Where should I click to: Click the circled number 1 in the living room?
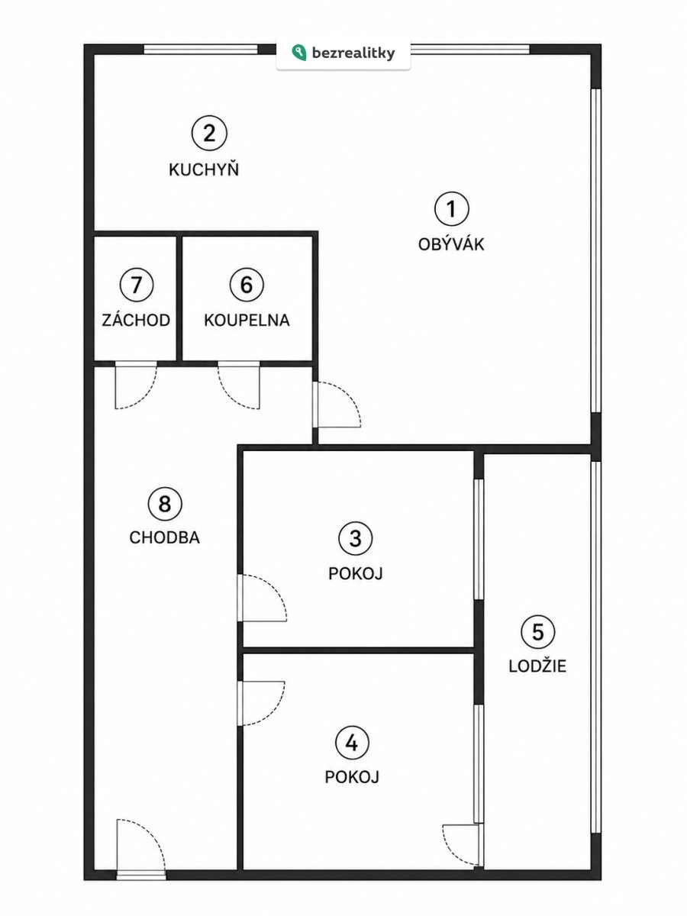click(x=451, y=208)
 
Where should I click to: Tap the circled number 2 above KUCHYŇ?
click(x=209, y=134)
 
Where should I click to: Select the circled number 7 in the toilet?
click(x=137, y=285)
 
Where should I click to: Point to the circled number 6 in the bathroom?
click(x=247, y=285)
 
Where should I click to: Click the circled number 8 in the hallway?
click(x=165, y=503)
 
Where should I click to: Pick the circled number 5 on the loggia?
click(x=537, y=632)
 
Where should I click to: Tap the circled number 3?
click(x=356, y=538)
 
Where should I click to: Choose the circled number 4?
click(x=352, y=743)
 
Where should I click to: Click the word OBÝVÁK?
click(x=451, y=244)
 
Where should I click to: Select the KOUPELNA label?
click(x=247, y=321)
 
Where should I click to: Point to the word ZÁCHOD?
click(x=136, y=320)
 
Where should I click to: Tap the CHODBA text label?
click(x=165, y=538)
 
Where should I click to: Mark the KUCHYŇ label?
click(x=204, y=169)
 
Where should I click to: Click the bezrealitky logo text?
click(x=353, y=53)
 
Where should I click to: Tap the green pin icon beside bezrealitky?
click(x=298, y=53)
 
